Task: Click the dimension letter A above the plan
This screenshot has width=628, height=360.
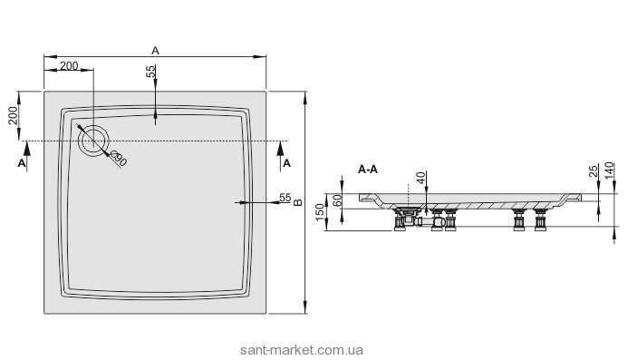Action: pyautogui.click(x=155, y=51)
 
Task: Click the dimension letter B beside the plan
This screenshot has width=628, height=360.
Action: pyautogui.click(x=298, y=202)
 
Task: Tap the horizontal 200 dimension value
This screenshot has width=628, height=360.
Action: pyautogui.click(x=69, y=65)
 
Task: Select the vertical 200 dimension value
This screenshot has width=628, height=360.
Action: pyautogui.click(x=14, y=116)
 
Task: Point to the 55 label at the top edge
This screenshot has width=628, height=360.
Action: pyautogui.click(x=150, y=72)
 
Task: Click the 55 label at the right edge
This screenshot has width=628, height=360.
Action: pyautogui.click(x=285, y=198)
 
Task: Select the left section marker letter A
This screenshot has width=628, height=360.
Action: pyautogui.click(x=22, y=163)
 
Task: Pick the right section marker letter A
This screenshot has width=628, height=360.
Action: pyautogui.click(x=286, y=163)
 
